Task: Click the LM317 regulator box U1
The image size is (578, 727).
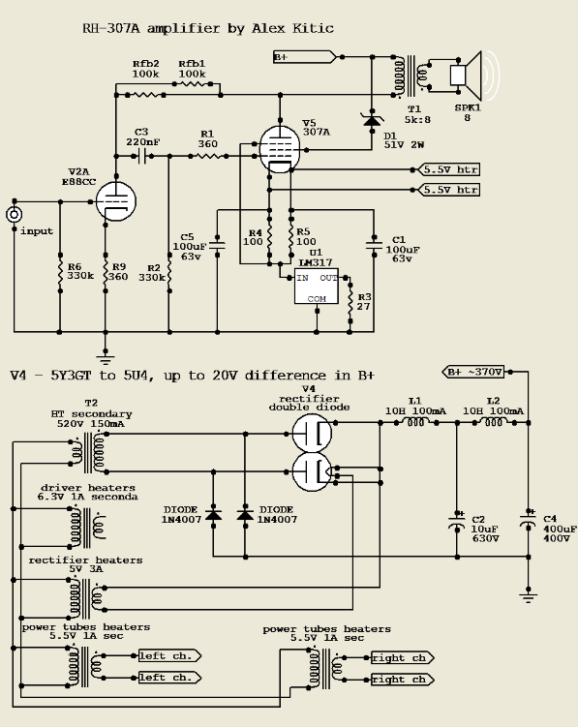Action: (318, 288)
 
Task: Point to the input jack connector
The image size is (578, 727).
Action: (14, 215)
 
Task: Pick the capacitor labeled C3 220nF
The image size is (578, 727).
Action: (141, 155)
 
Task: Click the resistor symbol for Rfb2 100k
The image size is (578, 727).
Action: (146, 95)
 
